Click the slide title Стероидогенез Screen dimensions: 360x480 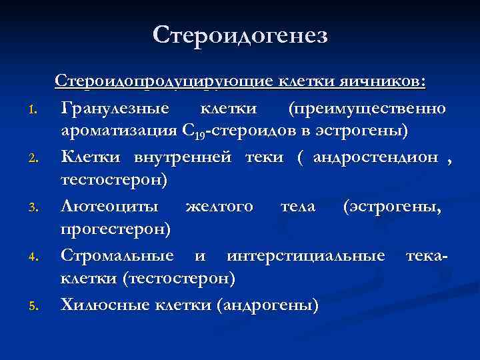coord(240,35)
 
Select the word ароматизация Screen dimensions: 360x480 coord(117,131)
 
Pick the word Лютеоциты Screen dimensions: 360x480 coord(110,206)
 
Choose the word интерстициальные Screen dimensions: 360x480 coord(305,255)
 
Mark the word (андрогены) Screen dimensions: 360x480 coord(267,305)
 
